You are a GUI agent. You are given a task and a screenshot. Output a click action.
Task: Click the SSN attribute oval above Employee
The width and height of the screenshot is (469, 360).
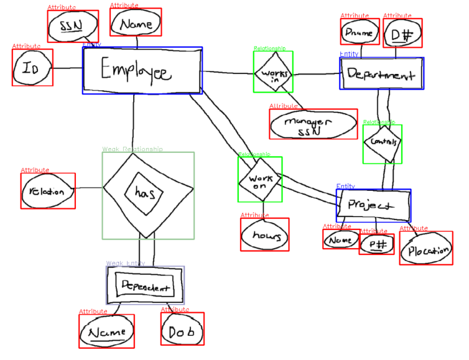tap(73, 26)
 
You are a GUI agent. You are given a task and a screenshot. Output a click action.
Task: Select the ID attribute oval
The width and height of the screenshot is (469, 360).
tap(32, 68)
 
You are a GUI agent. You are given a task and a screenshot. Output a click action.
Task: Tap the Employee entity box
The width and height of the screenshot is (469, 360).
tap(142, 71)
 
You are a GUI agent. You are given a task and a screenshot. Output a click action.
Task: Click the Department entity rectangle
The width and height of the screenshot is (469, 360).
tap(381, 74)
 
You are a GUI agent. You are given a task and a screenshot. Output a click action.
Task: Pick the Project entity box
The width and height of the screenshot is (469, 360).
tap(373, 205)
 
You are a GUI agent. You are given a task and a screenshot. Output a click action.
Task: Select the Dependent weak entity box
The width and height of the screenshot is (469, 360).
tap(145, 286)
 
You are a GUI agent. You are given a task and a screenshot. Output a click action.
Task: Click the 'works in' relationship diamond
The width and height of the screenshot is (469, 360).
tap(272, 73)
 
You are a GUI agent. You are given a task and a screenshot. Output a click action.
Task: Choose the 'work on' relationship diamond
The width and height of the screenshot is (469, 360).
tap(260, 180)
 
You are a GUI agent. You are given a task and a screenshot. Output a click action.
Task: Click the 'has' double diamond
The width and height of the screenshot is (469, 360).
tap(147, 195)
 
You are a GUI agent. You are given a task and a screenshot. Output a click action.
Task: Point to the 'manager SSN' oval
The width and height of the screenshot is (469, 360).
tap(313, 124)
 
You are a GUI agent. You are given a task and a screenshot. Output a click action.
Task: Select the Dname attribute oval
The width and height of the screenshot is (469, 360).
tap(360, 32)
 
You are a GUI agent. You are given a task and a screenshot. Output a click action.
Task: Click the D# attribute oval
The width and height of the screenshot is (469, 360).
tap(402, 33)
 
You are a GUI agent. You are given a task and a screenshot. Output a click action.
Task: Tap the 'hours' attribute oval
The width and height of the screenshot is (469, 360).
tap(264, 235)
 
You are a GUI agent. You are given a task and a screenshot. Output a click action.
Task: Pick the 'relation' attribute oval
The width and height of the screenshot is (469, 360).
tap(48, 191)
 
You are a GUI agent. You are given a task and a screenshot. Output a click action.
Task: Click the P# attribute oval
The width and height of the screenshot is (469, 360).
tap(376, 245)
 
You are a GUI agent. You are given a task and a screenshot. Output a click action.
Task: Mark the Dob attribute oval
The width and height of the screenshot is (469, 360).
tap(182, 331)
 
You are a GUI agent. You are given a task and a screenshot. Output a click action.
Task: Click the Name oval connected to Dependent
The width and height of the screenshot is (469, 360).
tap(106, 331)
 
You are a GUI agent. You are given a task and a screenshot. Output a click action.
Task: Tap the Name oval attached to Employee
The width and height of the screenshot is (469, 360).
tap(136, 25)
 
